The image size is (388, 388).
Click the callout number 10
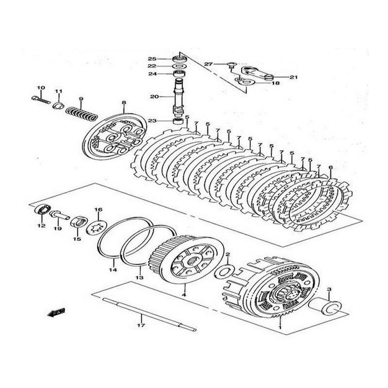[x=41, y=88]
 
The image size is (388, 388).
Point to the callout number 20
[x=154, y=97]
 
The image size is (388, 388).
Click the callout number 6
[x=331, y=168]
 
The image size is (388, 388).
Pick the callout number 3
[x=329, y=290]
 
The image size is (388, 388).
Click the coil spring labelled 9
[x=81, y=113]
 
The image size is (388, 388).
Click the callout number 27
[x=209, y=64]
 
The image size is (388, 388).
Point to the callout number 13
[x=140, y=278]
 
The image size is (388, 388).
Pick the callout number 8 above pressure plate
[x=124, y=103]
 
